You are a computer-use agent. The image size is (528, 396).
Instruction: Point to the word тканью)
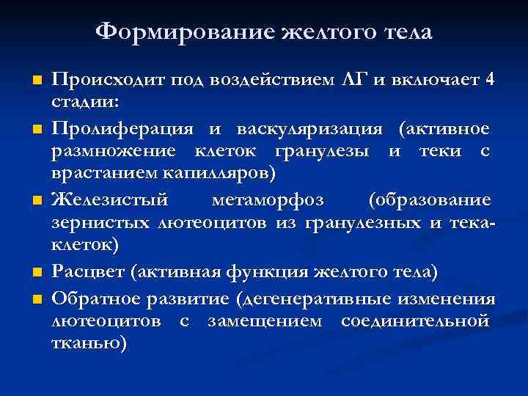point(89,343)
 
